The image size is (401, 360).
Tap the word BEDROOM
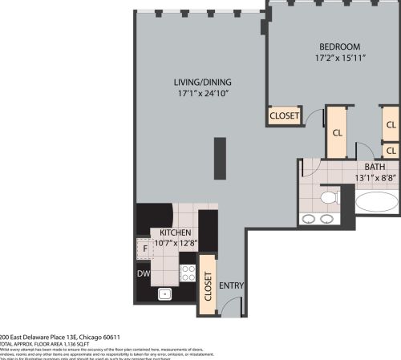click(339, 47)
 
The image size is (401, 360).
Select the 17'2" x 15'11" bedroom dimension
click(339, 58)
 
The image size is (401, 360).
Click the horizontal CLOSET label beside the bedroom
click(284, 116)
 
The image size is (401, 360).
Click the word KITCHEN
click(174, 233)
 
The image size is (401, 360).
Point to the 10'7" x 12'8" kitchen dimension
click(174, 244)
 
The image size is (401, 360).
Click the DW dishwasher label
click(143, 273)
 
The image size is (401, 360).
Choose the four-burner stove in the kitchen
click(188, 273)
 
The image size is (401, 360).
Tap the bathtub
click(376, 200)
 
